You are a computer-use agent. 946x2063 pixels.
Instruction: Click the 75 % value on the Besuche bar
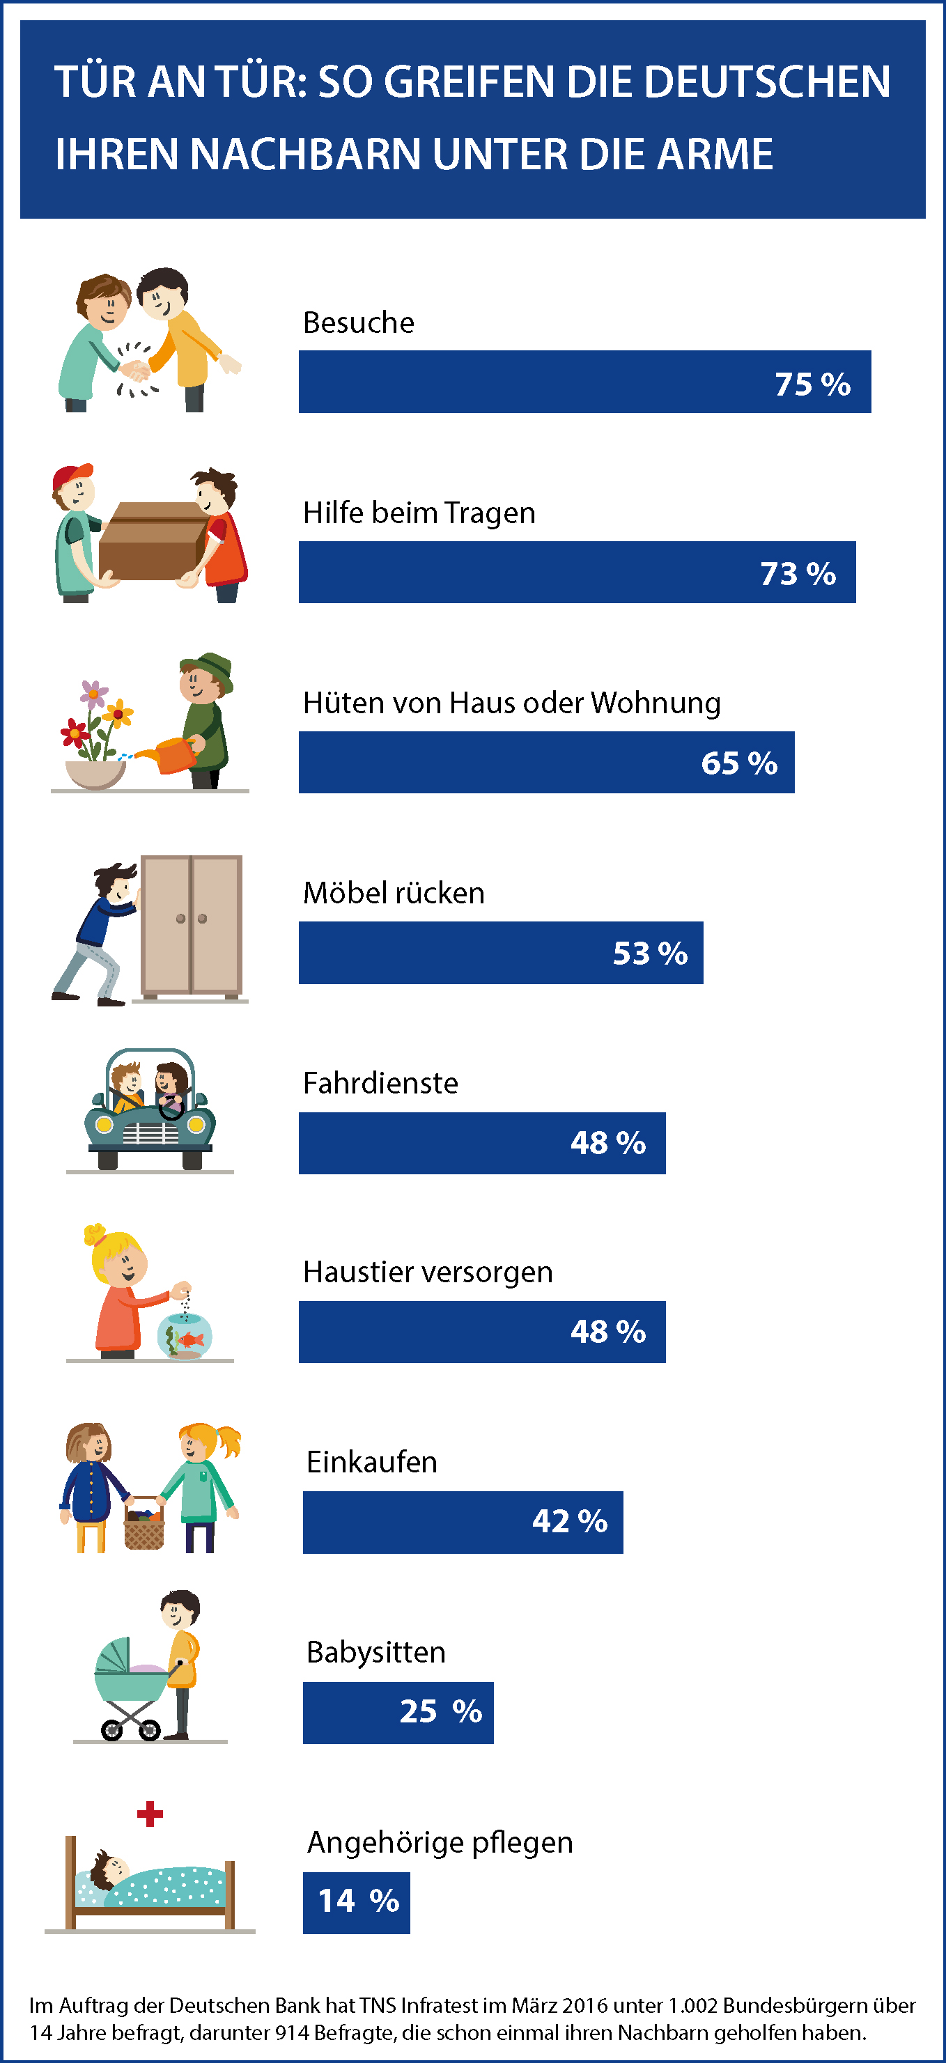tap(812, 384)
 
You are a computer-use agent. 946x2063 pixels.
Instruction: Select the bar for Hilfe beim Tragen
tap(577, 572)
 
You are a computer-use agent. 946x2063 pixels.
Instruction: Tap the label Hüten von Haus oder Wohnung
tap(511, 702)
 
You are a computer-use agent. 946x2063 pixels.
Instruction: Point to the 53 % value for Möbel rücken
tap(650, 953)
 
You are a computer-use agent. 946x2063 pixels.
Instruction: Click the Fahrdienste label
tap(380, 1083)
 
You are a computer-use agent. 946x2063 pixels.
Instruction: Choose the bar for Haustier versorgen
tap(481, 1331)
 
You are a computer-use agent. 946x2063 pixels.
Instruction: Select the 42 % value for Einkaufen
tap(570, 1521)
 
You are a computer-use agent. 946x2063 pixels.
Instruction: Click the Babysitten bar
tap(397, 1711)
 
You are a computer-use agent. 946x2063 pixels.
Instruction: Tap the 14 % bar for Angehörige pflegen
tap(356, 1902)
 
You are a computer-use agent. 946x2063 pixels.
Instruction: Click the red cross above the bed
tap(150, 1814)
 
